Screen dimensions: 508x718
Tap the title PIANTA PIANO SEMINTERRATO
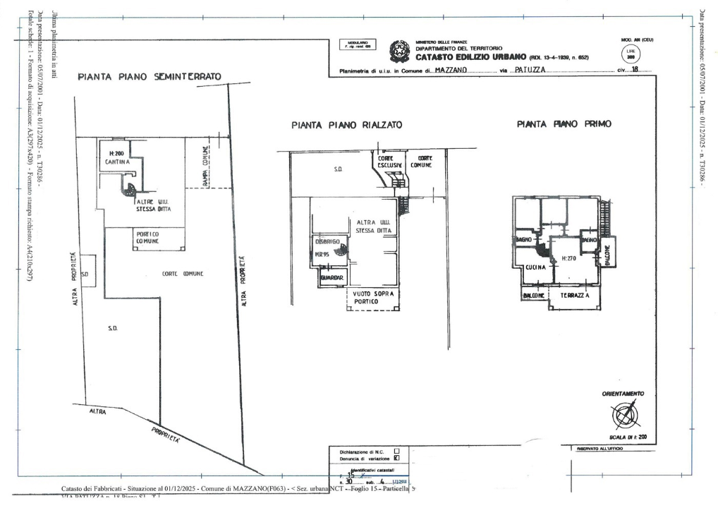pos(150,76)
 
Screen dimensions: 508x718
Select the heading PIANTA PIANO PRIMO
pos(564,123)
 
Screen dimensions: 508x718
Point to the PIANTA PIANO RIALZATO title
pos(347,125)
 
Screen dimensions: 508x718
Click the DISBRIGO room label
pos(327,241)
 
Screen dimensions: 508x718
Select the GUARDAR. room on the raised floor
pos(331,279)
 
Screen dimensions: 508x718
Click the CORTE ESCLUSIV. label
pos(390,162)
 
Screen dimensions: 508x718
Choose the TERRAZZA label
pos(575,297)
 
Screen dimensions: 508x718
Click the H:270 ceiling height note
pos(569,259)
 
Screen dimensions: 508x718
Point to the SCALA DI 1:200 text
pos(623,437)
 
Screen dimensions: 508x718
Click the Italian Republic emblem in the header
pos(400,52)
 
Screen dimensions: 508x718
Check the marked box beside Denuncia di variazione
pos(396,457)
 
